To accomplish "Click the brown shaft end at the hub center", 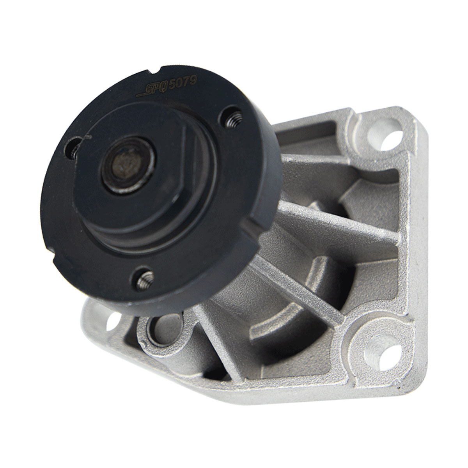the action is [126, 166].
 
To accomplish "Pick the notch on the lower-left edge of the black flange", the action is [51, 248].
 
